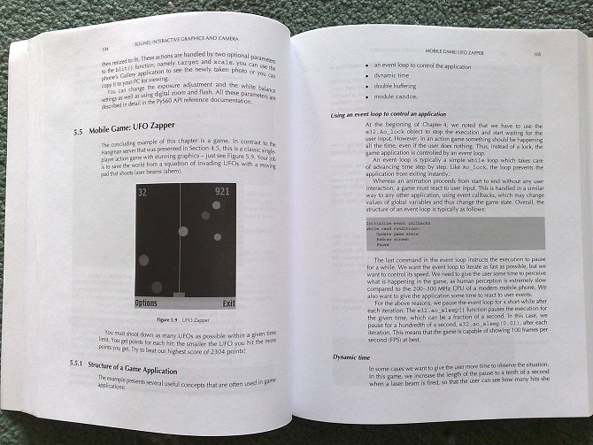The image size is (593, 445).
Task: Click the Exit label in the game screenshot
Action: pyautogui.click(x=229, y=303)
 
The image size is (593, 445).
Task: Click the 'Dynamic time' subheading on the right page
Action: pyautogui.click(x=357, y=357)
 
